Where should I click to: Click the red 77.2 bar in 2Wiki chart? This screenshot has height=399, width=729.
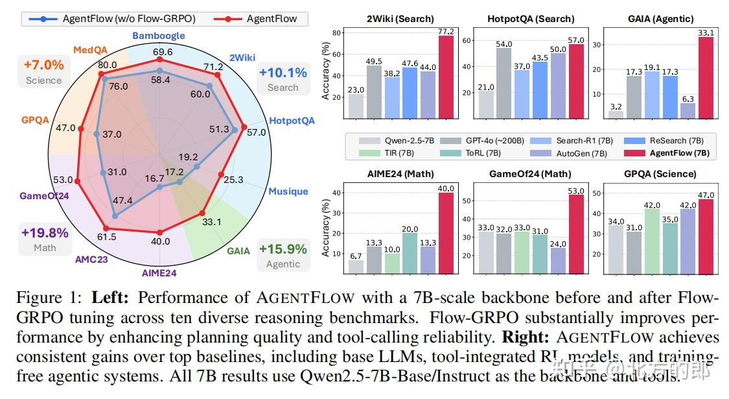[x=446, y=77]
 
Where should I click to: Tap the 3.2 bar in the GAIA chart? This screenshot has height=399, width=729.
[x=616, y=115]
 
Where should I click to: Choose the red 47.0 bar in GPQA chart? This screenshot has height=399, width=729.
[x=705, y=236]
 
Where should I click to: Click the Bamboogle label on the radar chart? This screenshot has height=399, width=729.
[x=159, y=36]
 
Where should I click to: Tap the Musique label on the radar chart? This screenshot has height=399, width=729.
[x=288, y=191]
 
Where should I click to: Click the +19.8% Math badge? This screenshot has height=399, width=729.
[x=45, y=239]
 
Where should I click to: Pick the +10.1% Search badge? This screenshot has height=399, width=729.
[x=283, y=79]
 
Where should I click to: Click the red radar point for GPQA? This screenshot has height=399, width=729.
[x=81, y=129]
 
